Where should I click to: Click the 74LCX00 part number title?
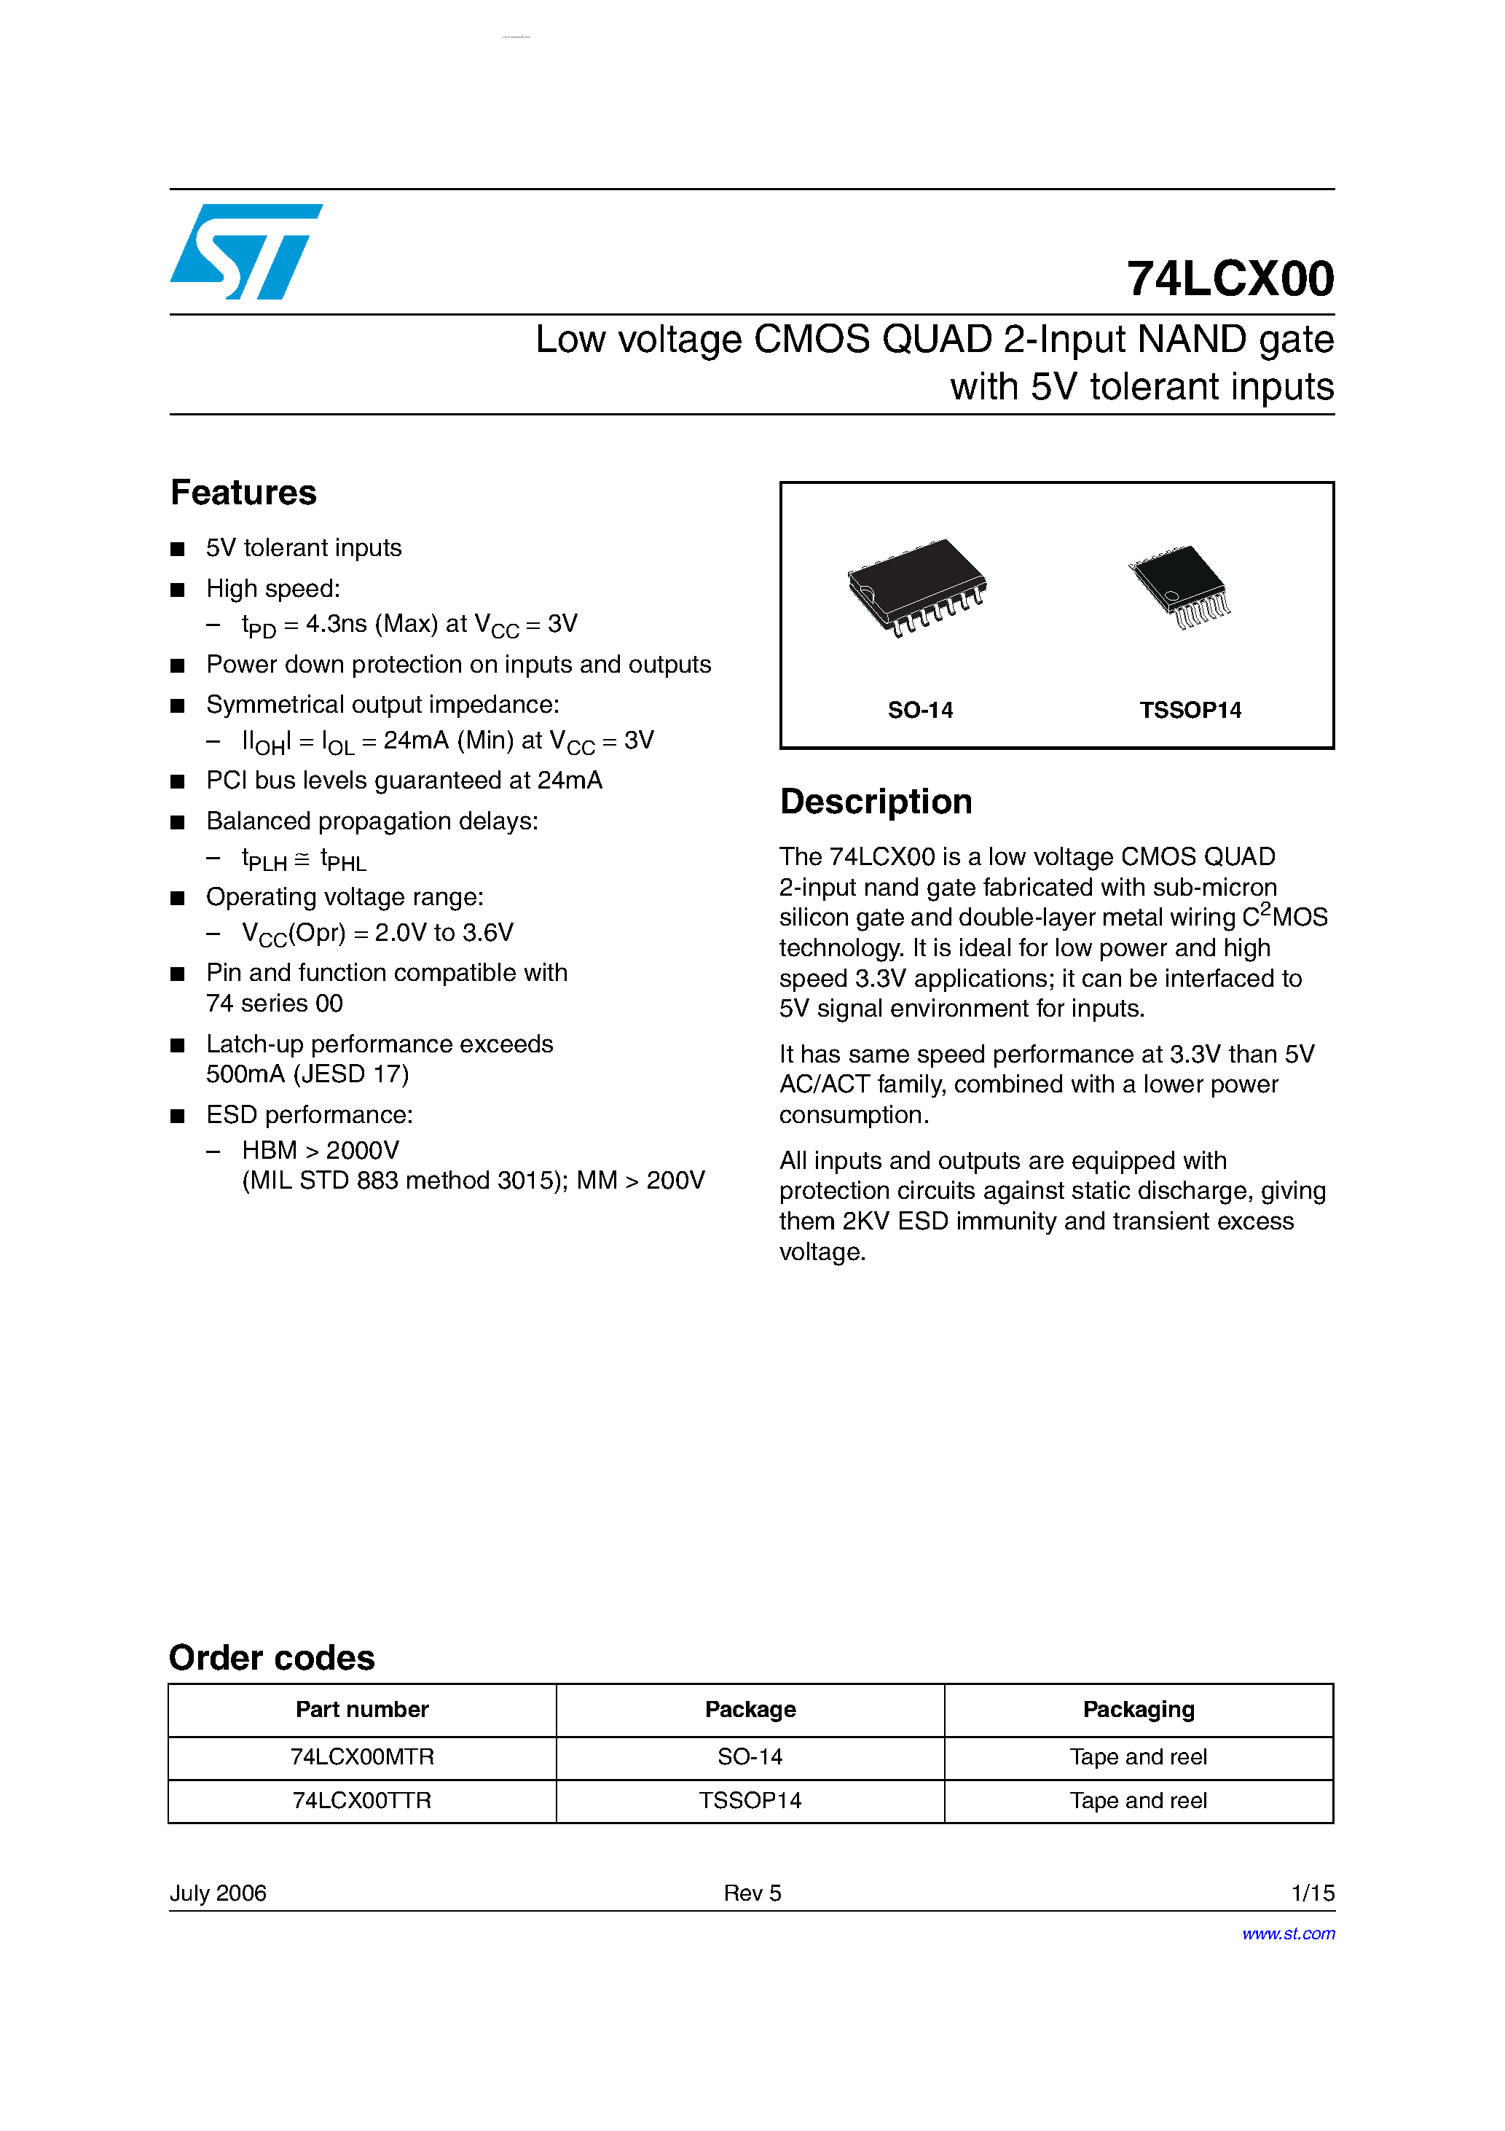point(1230,278)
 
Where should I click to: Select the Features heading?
point(243,493)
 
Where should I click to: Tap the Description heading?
point(875,802)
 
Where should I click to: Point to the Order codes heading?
point(272,1658)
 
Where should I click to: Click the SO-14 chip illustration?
point(916,587)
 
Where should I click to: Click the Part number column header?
point(362,1710)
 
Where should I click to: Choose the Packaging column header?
point(1139,1710)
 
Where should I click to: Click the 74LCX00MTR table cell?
point(362,1757)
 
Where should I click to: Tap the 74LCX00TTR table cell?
point(362,1801)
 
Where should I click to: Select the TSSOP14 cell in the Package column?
point(750,1801)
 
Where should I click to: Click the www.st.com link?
point(1288,1933)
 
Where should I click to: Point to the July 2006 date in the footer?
point(218,1893)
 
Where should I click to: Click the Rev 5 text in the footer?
point(752,1893)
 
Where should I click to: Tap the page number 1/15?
point(1312,1893)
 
